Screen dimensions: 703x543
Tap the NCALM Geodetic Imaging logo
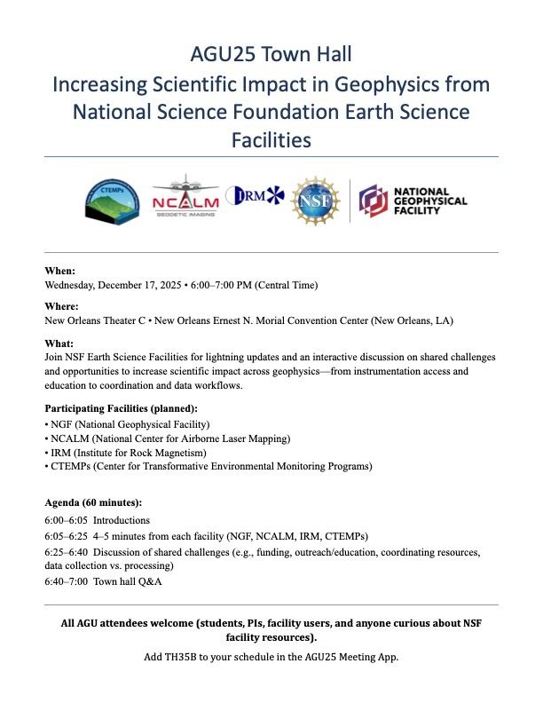185,199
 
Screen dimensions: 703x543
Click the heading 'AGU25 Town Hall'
271,54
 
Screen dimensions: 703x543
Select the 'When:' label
60,271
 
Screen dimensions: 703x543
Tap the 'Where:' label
62,306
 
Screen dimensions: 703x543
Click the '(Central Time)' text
286,285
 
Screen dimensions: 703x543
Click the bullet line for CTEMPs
209,466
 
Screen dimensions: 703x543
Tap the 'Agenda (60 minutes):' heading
93,502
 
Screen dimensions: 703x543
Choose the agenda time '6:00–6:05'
66,520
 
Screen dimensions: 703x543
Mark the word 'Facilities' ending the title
271,139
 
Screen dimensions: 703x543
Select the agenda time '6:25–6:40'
66,552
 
